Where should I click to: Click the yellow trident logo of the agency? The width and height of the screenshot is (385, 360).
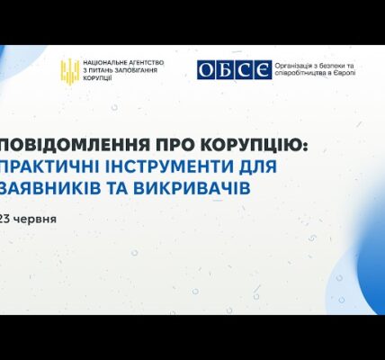click(x=70, y=71)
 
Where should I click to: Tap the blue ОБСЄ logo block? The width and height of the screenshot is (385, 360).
click(x=234, y=70)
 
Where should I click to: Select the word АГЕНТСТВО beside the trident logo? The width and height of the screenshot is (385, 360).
click(x=147, y=63)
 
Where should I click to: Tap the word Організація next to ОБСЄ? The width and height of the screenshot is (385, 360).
click(x=292, y=66)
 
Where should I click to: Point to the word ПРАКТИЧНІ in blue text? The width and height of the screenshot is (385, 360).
click(x=49, y=167)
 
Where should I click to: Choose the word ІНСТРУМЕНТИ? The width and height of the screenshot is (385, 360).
click(x=166, y=167)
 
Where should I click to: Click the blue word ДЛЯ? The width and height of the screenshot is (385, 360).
click(x=256, y=167)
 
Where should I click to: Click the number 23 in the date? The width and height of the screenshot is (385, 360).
click(x=5, y=220)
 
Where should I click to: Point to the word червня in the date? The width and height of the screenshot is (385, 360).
click(x=35, y=220)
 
